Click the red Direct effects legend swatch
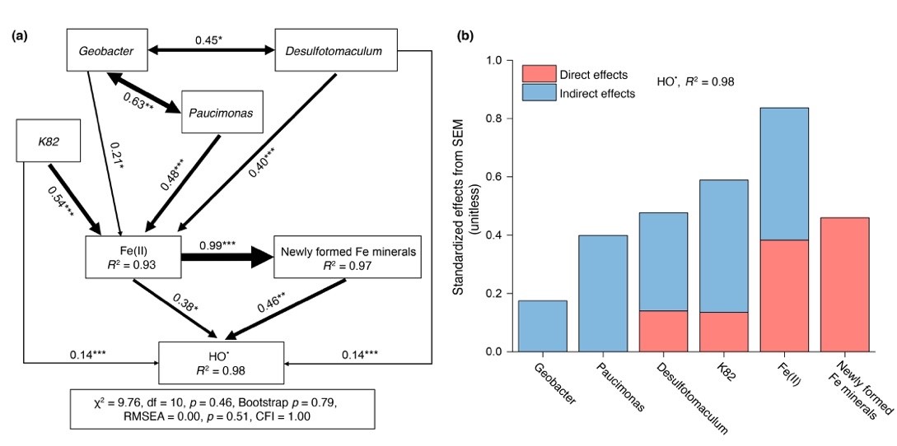(537, 75)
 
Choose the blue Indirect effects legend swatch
(537, 93)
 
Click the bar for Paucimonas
(603, 293)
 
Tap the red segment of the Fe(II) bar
(784, 295)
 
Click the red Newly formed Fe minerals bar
(844, 284)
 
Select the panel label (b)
(466, 36)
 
